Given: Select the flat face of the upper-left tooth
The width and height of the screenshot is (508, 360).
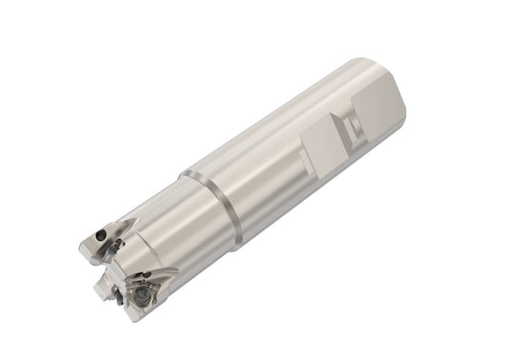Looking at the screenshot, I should coord(93,243).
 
